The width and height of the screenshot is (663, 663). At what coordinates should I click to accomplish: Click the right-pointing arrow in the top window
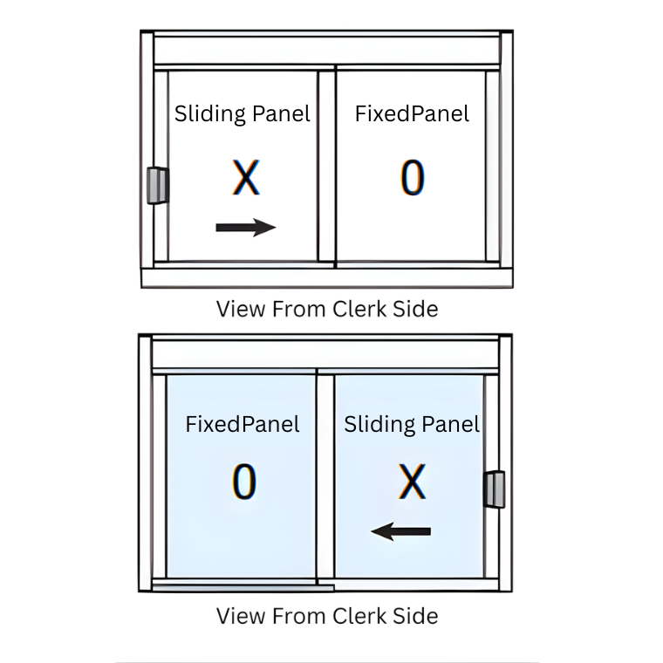(x=246, y=228)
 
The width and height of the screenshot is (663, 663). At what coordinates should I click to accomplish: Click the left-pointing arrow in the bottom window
(x=400, y=531)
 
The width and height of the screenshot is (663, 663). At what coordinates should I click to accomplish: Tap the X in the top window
(x=246, y=177)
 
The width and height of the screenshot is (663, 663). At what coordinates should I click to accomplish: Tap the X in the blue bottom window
(x=412, y=482)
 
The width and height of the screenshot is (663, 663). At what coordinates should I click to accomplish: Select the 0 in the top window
(x=413, y=177)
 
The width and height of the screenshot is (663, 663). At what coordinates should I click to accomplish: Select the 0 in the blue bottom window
(x=244, y=482)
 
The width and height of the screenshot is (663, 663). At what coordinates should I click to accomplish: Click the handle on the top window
(x=158, y=186)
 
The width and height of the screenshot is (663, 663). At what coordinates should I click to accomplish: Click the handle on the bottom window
(x=495, y=489)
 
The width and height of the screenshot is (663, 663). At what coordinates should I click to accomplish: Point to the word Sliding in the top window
(x=209, y=114)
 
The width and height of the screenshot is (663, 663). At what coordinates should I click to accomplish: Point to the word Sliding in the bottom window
(x=379, y=425)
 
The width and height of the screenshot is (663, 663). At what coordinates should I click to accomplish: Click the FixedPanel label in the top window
(x=412, y=113)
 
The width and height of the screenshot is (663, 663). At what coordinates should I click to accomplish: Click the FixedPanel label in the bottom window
(x=243, y=424)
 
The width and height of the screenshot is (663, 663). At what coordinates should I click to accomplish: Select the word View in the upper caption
(x=241, y=309)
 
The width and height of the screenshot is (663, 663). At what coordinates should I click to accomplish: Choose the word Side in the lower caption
(x=415, y=616)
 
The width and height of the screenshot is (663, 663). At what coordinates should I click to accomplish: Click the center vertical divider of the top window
(x=326, y=167)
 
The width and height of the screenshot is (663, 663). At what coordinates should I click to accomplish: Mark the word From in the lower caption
(x=299, y=616)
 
